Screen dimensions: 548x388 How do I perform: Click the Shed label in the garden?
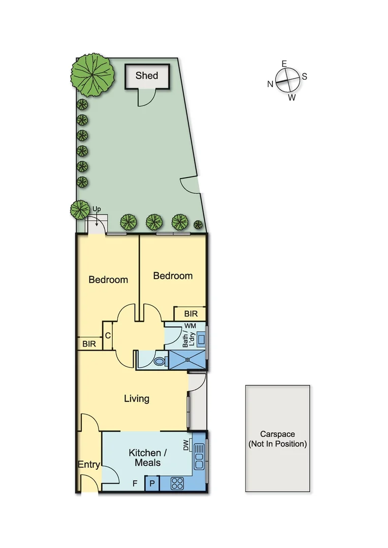click(x=146, y=76)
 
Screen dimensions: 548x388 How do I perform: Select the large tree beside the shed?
click(x=91, y=76)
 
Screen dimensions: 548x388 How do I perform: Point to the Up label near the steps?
click(x=96, y=209)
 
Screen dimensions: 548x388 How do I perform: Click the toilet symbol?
click(x=159, y=361)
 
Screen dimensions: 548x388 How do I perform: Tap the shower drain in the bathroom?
click(x=187, y=358)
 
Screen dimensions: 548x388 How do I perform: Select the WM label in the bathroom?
click(x=190, y=325)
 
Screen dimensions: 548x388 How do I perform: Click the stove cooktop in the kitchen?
click(x=177, y=484)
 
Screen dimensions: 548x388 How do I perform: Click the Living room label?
click(x=137, y=398)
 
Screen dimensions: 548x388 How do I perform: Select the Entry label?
click(x=88, y=464)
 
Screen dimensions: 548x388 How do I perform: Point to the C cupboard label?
click(x=108, y=336)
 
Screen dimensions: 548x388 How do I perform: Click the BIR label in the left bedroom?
click(x=89, y=344)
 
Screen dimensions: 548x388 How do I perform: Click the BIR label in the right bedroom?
click(x=190, y=314)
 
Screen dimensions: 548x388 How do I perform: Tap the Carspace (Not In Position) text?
click(x=277, y=439)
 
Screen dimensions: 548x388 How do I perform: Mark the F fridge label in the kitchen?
click(x=135, y=483)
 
